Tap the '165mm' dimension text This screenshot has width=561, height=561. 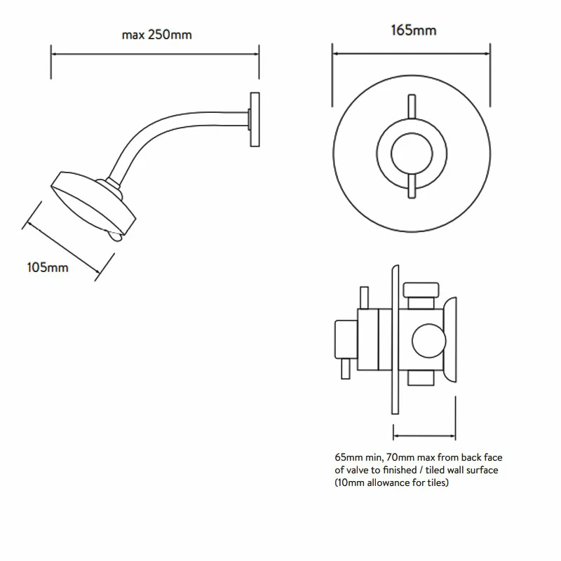pos(413,30)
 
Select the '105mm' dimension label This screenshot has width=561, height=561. pos(48,267)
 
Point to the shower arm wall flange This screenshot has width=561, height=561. pos(255,119)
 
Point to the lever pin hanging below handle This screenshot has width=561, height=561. pos(345,367)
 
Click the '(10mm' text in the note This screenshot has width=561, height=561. pos(349,483)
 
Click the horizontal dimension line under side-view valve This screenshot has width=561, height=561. pos(425,429)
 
